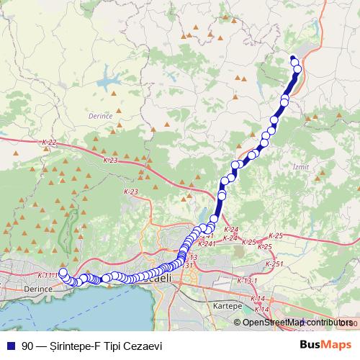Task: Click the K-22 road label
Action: tap(49, 143)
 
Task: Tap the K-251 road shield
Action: tap(274, 265)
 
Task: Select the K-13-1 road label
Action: tap(247, 280)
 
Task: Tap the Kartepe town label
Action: tap(228, 305)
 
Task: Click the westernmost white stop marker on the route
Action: tap(63, 273)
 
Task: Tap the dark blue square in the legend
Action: tap(11, 345)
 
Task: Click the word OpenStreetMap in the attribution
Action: tap(274, 323)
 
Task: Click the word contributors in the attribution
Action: tap(330, 323)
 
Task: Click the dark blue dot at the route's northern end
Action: tap(292, 58)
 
